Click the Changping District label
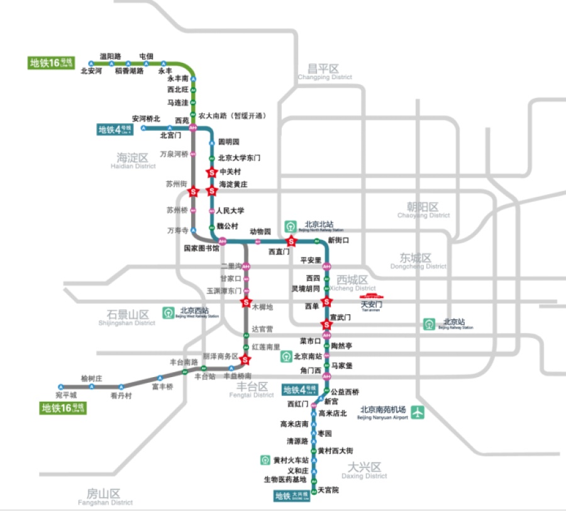click(x=325, y=72)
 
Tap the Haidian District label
click(x=131, y=161)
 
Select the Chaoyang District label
click(x=423, y=211)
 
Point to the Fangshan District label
click(x=105, y=497)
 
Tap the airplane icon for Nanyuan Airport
click(x=418, y=413)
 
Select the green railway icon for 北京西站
click(x=168, y=312)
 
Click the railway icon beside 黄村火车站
click(x=265, y=460)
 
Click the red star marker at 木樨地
click(x=246, y=303)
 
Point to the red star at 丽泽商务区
click(x=246, y=360)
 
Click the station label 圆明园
click(x=228, y=142)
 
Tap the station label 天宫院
click(x=328, y=490)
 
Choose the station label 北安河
click(x=91, y=71)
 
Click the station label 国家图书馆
click(x=201, y=248)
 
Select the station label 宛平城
click(x=65, y=395)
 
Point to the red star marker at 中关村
click(x=211, y=172)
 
